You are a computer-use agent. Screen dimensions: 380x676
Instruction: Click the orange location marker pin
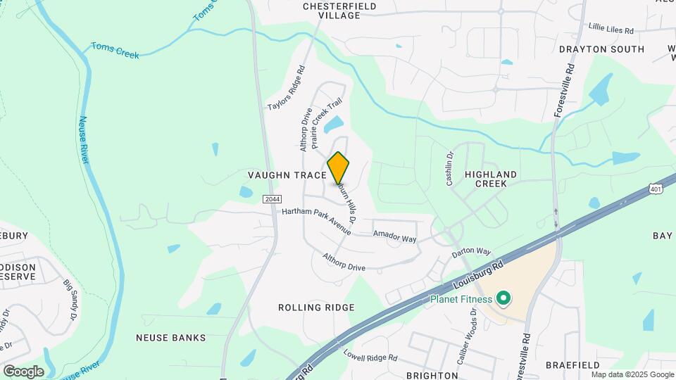(x=338, y=168)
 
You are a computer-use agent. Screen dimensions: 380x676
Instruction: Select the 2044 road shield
(x=273, y=199)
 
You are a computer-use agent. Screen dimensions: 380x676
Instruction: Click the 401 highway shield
(x=656, y=189)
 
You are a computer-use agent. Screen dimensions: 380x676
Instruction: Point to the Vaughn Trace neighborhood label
(x=287, y=175)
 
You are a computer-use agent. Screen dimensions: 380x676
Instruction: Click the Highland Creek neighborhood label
(x=491, y=179)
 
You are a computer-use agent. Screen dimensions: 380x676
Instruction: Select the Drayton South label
(x=601, y=49)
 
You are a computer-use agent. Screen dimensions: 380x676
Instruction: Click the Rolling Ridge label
(x=316, y=308)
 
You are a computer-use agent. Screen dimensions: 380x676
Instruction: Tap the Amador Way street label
(x=394, y=236)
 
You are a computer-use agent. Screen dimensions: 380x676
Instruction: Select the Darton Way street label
(x=471, y=251)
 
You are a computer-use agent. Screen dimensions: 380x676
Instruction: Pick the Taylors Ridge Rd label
(x=287, y=88)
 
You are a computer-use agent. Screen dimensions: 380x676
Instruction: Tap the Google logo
(x=23, y=372)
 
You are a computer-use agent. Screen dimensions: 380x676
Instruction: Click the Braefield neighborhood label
(x=572, y=365)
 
